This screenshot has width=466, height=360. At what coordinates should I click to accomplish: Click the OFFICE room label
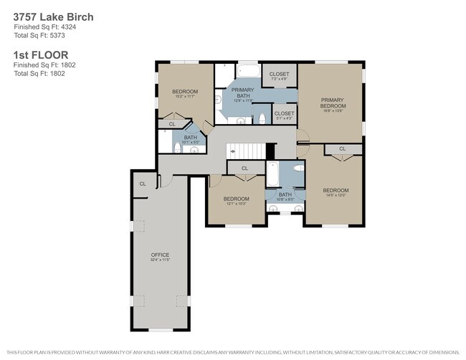tap(160, 255)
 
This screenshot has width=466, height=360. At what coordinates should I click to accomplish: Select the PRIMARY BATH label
tap(242, 91)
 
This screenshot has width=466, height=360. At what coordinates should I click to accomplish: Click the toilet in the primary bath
tap(263, 118)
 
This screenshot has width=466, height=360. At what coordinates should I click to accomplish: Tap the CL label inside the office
tap(143, 184)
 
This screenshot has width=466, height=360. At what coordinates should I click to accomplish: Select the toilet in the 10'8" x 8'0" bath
tap(298, 170)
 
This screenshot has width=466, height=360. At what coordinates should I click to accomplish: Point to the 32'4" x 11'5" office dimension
tap(160, 260)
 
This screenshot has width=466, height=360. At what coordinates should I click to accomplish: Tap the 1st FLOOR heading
tap(41, 54)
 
